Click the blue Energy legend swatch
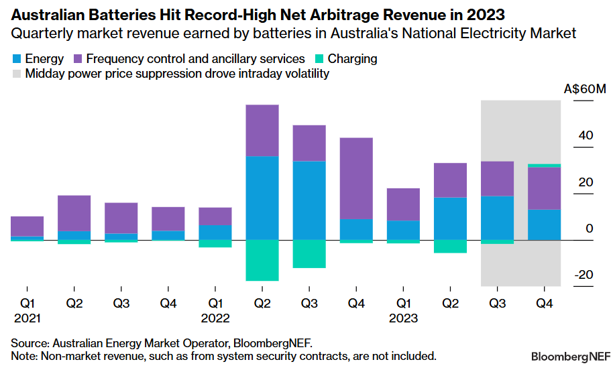coord(15,59)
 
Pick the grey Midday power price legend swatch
coord(15,74)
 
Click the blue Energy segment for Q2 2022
coord(262,198)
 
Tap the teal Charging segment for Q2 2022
coord(262,260)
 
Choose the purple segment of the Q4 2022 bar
coord(356,178)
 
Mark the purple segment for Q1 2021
coord(27,226)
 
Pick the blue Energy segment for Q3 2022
coord(309,200)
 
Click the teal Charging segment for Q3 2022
coord(309,253)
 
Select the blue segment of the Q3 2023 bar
coord(497,217)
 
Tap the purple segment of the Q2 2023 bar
coord(450,180)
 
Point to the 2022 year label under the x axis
coord(215,318)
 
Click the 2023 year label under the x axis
coord(403,318)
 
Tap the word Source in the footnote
coord(27,343)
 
